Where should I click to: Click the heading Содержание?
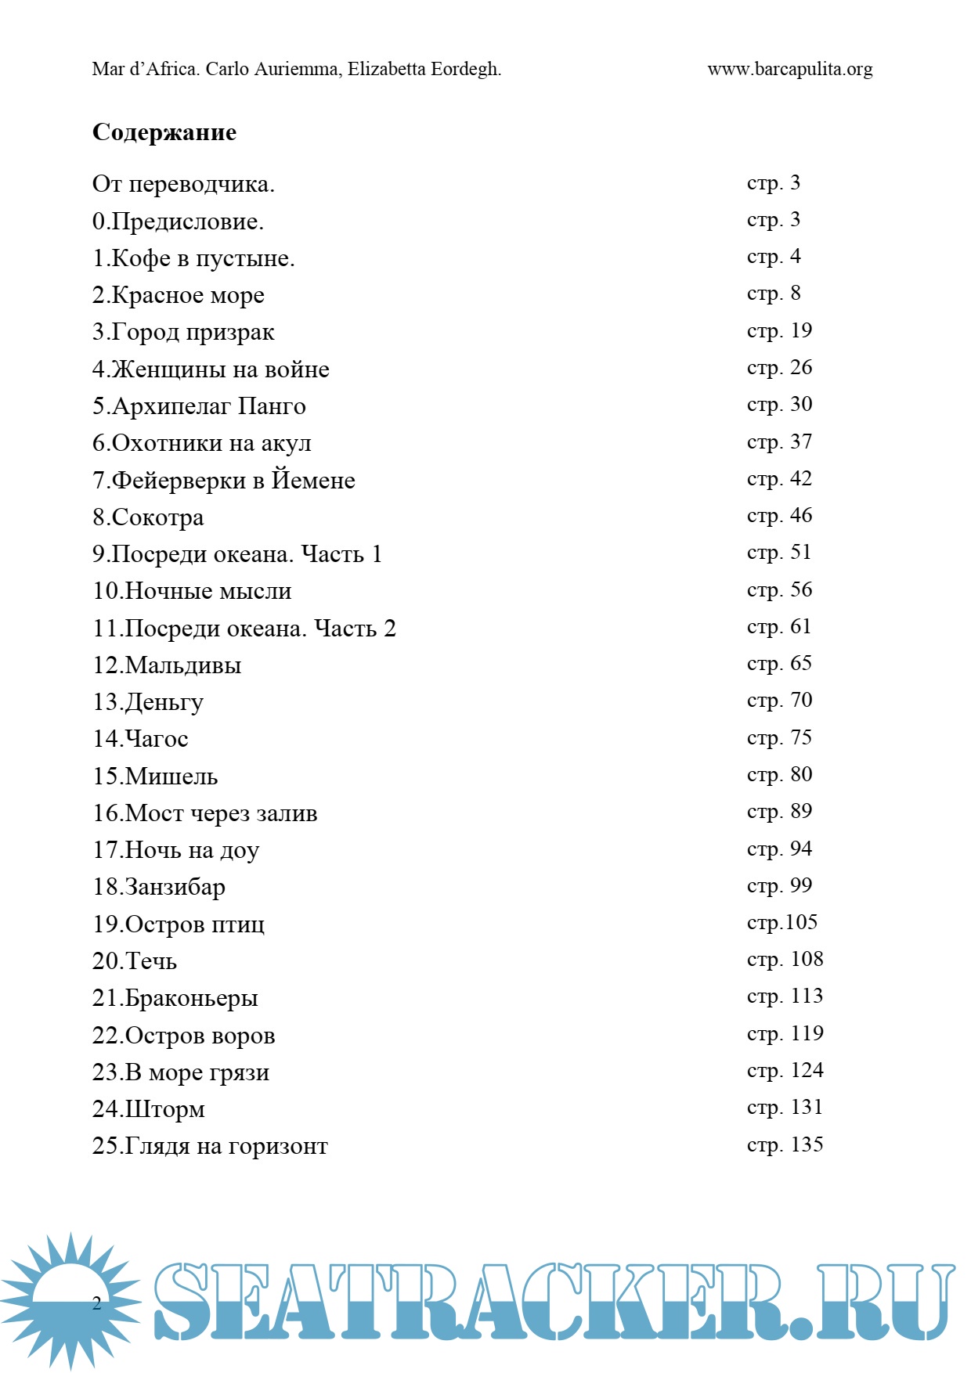(x=164, y=132)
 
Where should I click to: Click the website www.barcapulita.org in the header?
(x=789, y=69)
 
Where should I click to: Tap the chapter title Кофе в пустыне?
(x=203, y=258)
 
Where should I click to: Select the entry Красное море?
(x=188, y=295)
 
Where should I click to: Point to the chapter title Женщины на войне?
(x=220, y=369)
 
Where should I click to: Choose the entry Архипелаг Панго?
(x=209, y=406)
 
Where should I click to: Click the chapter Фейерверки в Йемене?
(x=233, y=480)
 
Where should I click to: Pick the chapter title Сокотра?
(x=157, y=517)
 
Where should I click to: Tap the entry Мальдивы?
(x=183, y=665)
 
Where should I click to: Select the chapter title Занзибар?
(x=175, y=887)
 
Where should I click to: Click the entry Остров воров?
(x=200, y=1036)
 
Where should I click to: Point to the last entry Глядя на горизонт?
(x=226, y=1146)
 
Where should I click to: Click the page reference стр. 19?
(x=779, y=331)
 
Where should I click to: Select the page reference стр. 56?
(x=779, y=590)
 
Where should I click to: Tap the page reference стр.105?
(x=781, y=923)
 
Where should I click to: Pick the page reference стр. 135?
(x=785, y=1145)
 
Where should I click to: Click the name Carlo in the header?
(x=227, y=69)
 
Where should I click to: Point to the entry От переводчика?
(x=183, y=185)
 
